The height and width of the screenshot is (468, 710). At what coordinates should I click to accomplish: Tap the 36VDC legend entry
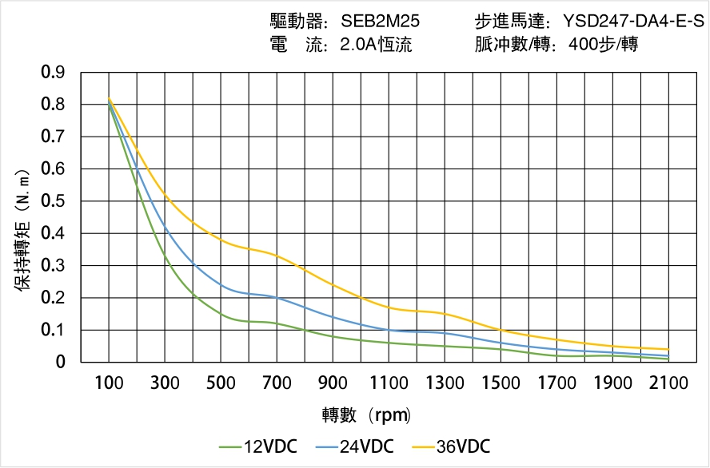449,446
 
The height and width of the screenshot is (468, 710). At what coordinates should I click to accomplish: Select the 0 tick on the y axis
61,363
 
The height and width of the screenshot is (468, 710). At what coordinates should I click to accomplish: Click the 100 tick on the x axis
109,383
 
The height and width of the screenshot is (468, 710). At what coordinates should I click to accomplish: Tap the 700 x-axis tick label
277,383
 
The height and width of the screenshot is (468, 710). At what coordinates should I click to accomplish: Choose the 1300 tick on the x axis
445,383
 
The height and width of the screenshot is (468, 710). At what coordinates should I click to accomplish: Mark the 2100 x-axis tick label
669,383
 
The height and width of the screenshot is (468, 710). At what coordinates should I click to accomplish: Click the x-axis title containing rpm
366,414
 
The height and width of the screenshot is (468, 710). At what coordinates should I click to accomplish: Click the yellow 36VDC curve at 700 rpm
277,256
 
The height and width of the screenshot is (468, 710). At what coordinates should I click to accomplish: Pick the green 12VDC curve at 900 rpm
333,336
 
